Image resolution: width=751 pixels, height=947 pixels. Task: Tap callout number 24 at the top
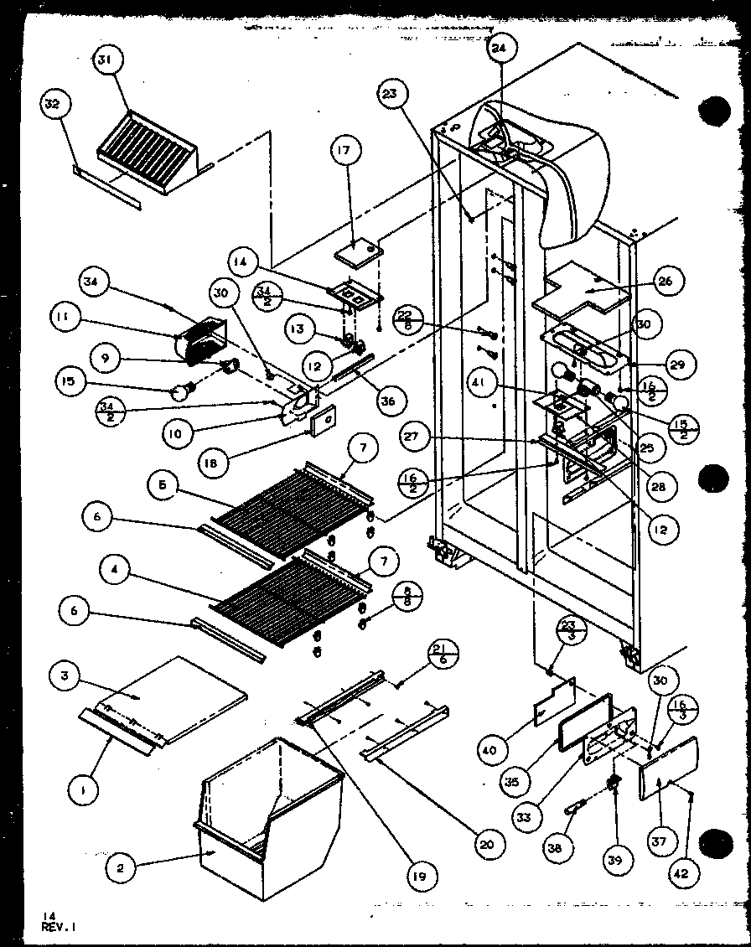(x=500, y=49)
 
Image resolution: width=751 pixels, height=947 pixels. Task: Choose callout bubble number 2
(x=121, y=868)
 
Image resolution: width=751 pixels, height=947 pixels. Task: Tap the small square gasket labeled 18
(x=322, y=422)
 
